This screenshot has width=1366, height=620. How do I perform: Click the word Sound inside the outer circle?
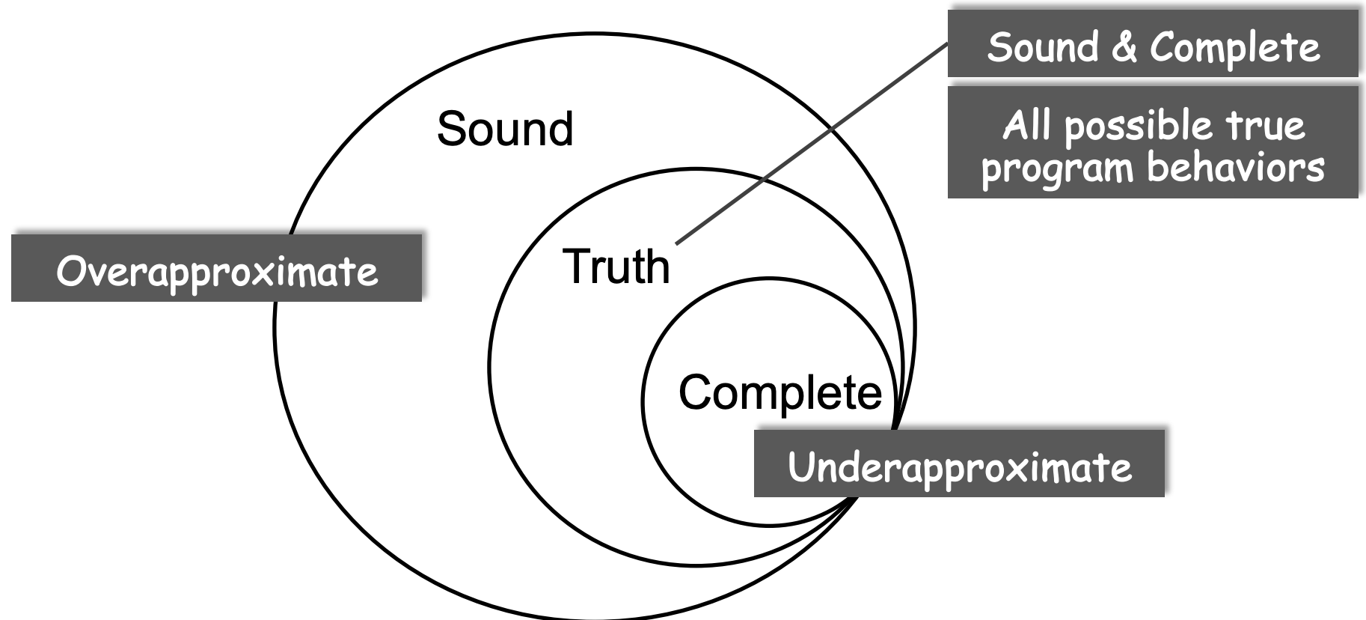pos(505,129)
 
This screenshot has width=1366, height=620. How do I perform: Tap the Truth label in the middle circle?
pos(616,267)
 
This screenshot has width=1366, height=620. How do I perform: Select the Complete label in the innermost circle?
pos(780,392)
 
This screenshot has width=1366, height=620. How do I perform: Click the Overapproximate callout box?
pos(217,269)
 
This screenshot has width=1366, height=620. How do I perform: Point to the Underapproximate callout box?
pos(959,464)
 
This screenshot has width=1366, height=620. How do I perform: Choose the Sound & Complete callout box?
pos(1153,44)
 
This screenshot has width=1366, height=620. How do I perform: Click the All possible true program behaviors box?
pos(1153,143)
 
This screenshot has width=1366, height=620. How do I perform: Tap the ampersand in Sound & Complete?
pos(1124,46)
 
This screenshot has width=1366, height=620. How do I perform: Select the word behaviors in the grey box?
pos(1236,167)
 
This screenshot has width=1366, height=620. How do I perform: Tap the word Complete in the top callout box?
pos(1234,48)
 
